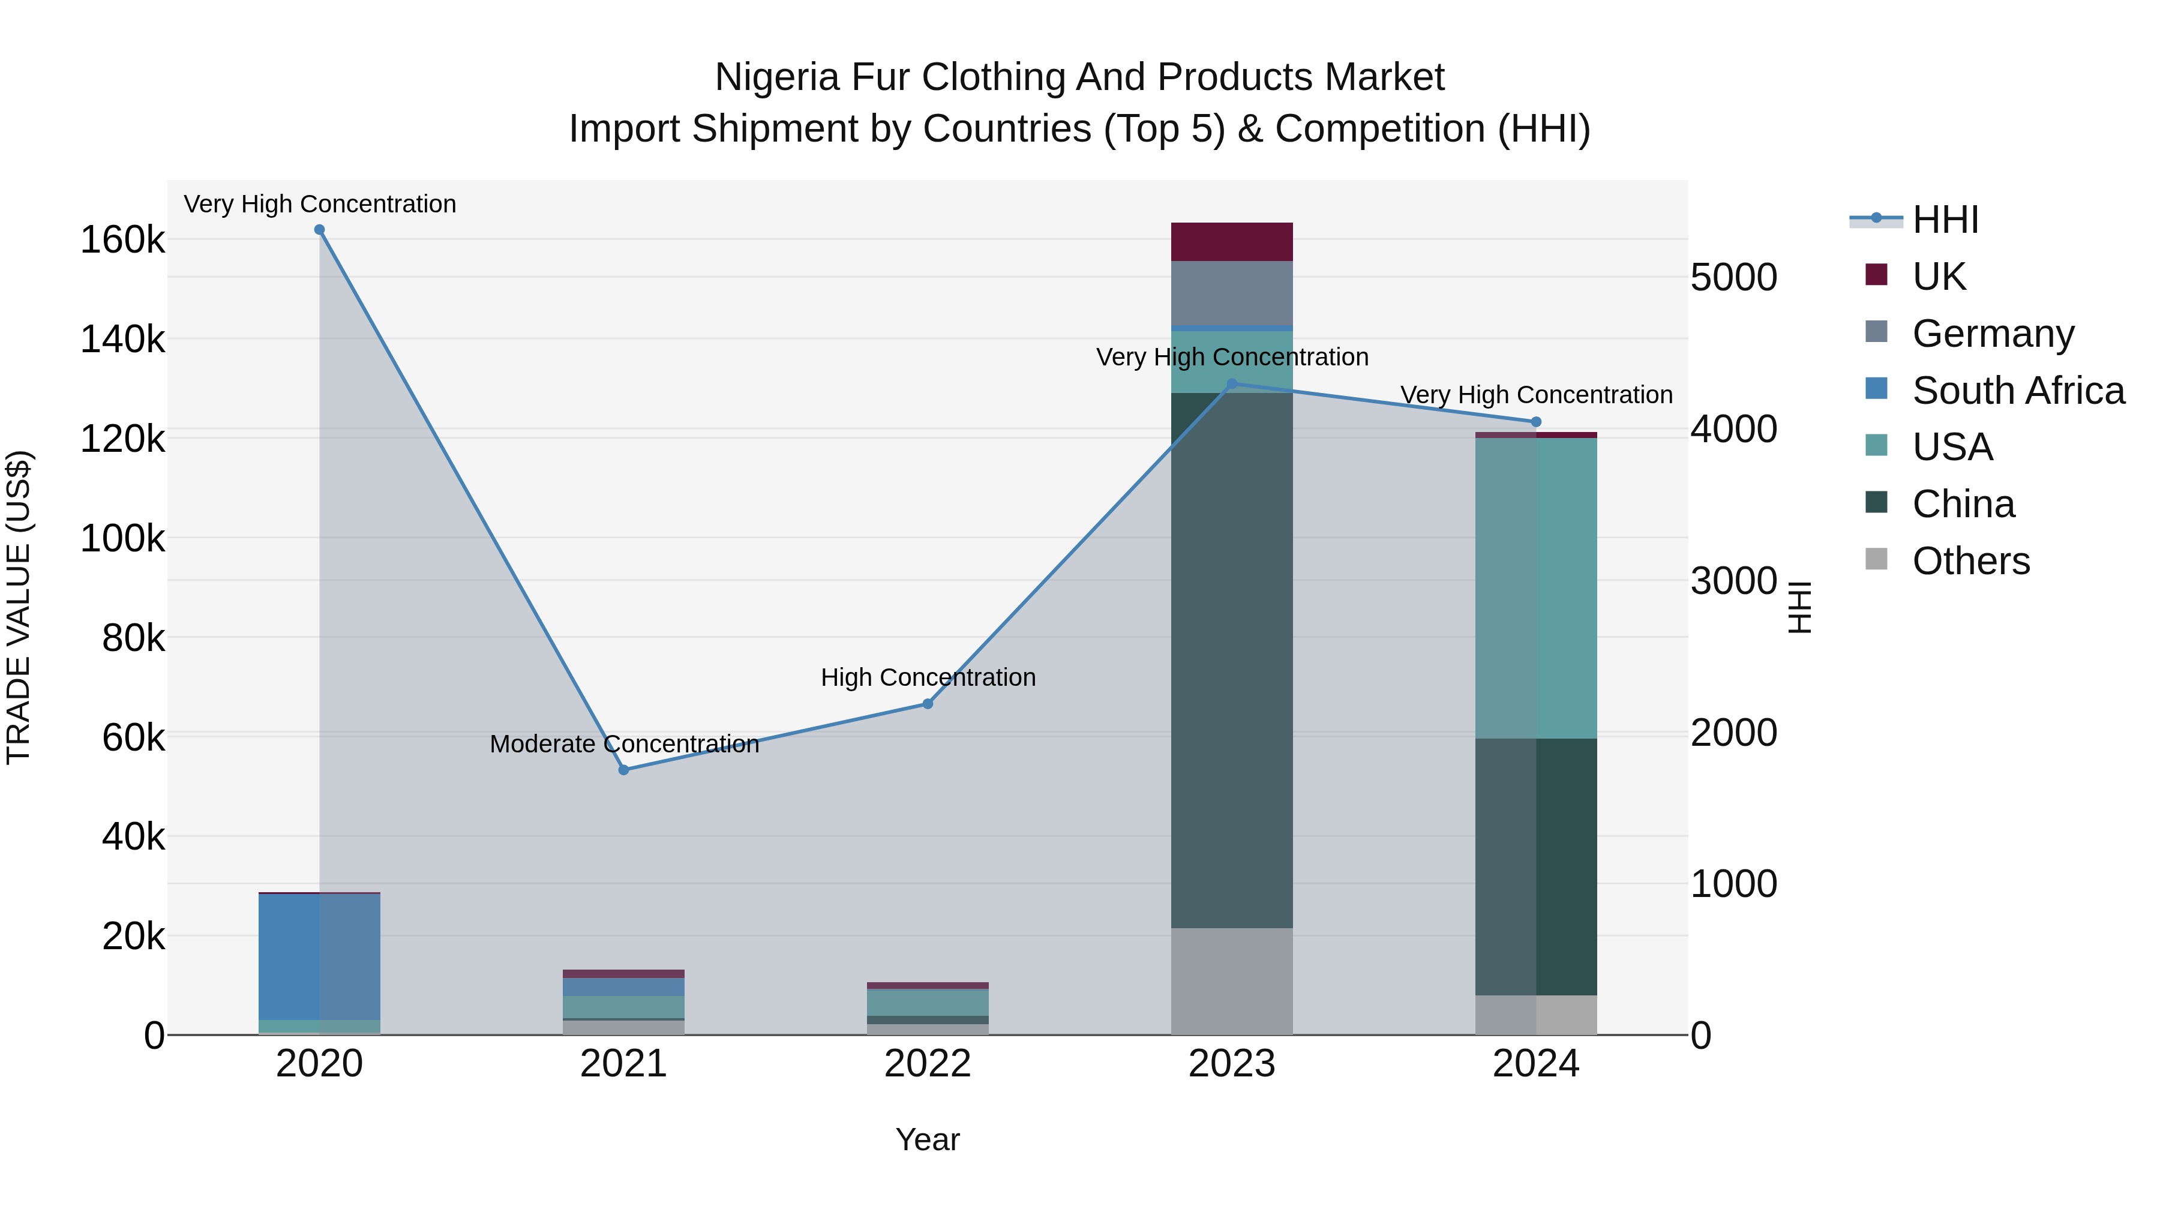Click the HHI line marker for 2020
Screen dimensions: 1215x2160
[319, 230]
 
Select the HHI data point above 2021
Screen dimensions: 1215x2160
[624, 770]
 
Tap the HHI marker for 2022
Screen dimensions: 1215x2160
[928, 704]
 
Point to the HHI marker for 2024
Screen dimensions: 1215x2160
[1536, 422]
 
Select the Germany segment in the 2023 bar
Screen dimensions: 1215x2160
[1232, 293]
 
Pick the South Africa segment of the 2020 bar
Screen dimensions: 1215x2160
[319, 956]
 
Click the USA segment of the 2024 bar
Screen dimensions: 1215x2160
[1536, 587]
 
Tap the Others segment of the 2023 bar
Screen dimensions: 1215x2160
[1232, 981]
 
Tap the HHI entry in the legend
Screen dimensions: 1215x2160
[1945, 220]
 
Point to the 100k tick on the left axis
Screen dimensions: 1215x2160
[122, 538]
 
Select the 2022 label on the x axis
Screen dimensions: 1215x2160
[928, 1064]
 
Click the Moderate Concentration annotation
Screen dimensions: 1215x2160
[624, 744]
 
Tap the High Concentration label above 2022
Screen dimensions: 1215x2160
[928, 677]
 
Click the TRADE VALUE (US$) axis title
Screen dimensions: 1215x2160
[19, 607]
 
